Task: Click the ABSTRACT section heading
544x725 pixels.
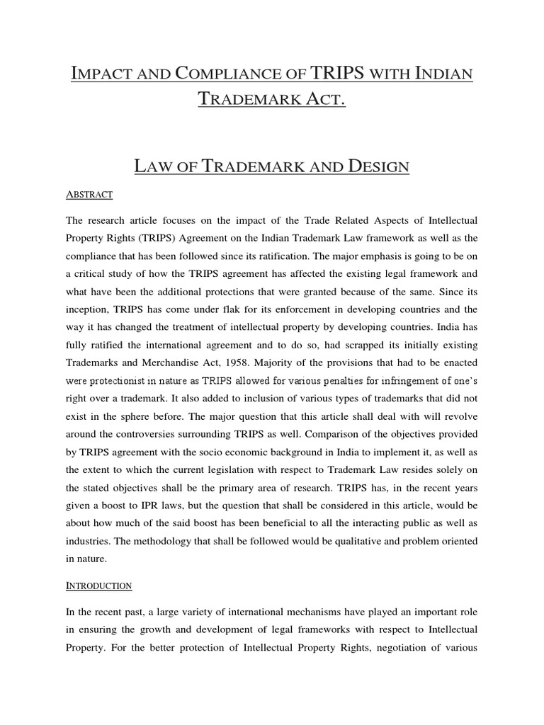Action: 90,193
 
